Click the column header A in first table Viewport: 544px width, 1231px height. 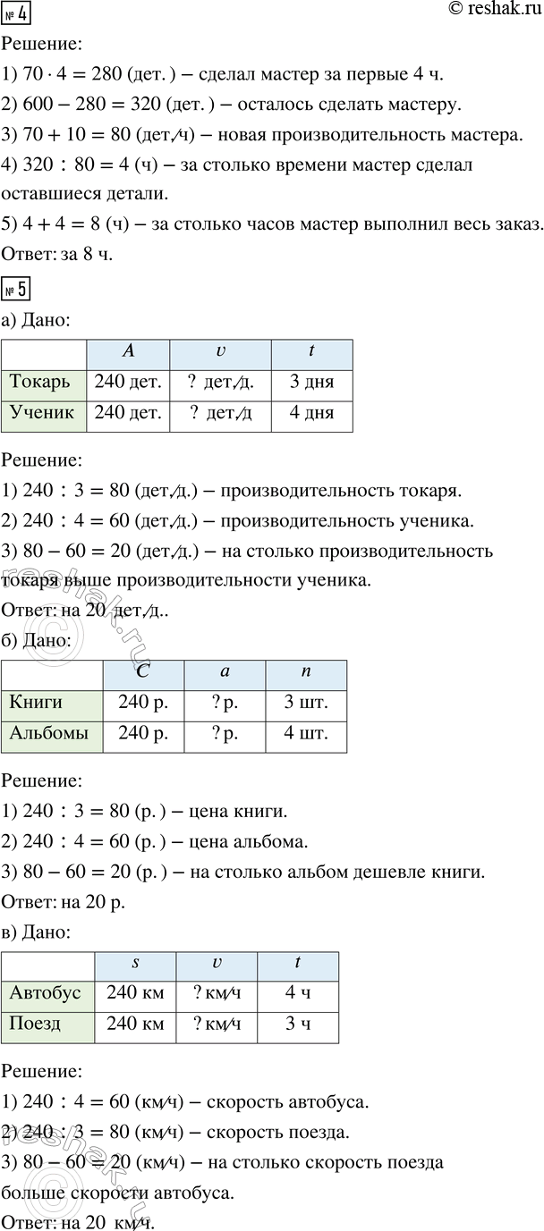click(128, 352)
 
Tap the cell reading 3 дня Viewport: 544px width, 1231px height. click(311, 383)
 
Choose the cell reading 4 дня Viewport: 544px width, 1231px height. click(311, 414)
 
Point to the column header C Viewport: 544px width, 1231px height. click(143, 671)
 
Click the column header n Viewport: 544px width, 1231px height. click(306, 671)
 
